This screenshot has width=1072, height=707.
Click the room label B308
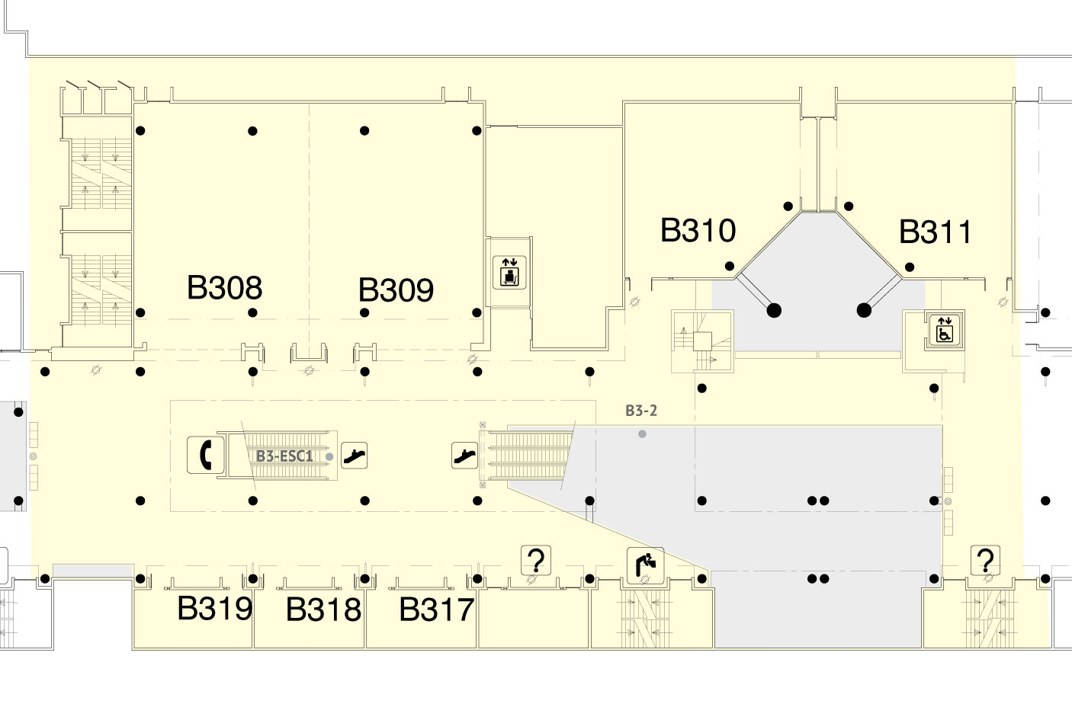[x=224, y=288]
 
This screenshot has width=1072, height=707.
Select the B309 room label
[x=396, y=290]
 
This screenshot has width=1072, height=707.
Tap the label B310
[x=698, y=230]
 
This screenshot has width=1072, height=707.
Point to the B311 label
[x=936, y=232]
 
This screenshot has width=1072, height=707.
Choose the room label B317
[x=437, y=609]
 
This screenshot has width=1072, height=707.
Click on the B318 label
[x=323, y=609]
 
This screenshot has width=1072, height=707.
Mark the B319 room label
[x=215, y=609]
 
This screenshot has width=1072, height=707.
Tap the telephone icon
[x=205, y=455]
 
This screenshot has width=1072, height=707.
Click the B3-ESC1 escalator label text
[x=284, y=456]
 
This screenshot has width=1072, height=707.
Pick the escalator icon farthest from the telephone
[x=464, y=455]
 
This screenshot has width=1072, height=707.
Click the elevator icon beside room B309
[x=509, y=272]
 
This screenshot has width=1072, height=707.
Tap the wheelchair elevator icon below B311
[x=945, y=329]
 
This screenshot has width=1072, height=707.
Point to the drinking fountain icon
[x=645, y=565]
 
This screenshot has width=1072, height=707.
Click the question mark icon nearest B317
[x=536, y=561]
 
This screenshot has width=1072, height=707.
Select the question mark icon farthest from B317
[x=985, y=561]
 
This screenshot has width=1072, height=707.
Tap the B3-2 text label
[x=641, y=411]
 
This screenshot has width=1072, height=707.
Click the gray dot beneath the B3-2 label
[x=642, y=433]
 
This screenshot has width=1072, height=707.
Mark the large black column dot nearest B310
[x=774, y=310]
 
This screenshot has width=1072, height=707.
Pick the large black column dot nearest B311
[x=864, y=310]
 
